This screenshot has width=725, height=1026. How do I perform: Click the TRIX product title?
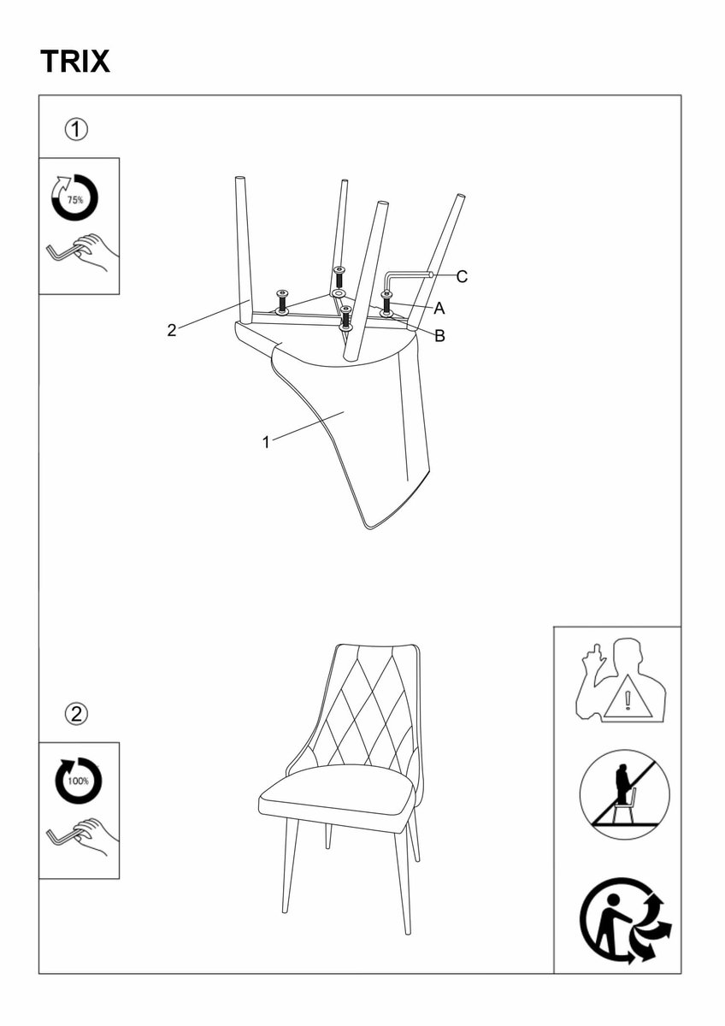tap(75, 62)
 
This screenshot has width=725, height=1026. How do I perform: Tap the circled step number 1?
tap(76, 130)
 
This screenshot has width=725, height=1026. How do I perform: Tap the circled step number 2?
tap(76, 714)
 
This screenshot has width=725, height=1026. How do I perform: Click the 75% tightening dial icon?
tap(74, 198)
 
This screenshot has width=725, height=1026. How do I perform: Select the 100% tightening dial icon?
tap(78, 781)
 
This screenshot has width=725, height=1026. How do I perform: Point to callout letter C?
tap(462, 277)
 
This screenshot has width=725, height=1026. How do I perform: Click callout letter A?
tap(439, 309)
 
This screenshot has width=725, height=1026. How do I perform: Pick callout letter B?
tap(439, 336)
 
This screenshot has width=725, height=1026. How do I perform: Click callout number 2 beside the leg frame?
tap(172, 330)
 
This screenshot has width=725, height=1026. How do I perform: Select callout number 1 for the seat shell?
tap(266, 443)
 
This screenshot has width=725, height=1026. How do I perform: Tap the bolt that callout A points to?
tap(387, 304)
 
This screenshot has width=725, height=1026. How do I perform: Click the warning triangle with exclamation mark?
tap(628, 700)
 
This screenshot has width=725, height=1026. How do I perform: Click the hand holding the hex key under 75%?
tap(95, 252)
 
